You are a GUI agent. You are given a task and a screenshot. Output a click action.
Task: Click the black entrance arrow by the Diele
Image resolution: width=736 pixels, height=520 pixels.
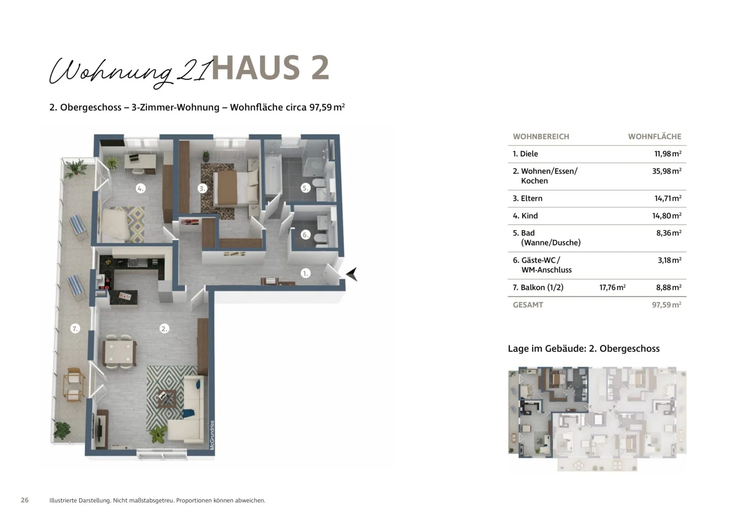[352, 274]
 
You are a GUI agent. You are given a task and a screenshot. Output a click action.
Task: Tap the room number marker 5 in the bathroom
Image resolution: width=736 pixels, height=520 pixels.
[305, 188]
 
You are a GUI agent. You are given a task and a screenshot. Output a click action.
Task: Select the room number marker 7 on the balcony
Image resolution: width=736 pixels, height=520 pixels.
[75, 328]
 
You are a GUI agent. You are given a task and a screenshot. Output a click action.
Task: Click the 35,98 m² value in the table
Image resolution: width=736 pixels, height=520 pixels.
[667, 171]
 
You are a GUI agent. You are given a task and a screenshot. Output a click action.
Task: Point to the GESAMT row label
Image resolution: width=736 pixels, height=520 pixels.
[528, 305]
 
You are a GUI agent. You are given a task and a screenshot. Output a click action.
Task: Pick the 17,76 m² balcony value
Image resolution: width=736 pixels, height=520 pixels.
[612, 288]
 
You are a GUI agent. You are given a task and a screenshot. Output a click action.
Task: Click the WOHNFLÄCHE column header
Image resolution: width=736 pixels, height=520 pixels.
[654, 136]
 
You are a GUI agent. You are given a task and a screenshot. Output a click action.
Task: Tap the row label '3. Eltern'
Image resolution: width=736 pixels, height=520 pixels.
[527, 198]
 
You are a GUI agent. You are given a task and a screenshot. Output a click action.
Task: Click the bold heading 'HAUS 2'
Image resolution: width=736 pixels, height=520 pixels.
[270, 68]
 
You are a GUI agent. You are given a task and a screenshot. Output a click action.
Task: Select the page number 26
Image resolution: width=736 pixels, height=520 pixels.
[25, 500]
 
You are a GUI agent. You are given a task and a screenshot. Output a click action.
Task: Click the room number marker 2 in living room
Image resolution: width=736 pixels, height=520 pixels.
[164, 328]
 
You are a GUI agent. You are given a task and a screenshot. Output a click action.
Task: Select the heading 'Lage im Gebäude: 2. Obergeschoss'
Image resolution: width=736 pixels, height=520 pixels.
[583, 349]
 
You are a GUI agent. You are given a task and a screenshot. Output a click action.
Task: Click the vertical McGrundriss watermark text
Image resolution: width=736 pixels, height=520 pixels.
[212, 435]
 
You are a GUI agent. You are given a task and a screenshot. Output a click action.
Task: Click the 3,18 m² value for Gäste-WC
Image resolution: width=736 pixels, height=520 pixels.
[669, 260]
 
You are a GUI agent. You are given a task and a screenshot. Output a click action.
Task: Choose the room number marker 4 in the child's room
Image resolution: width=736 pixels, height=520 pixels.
[140, 188]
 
